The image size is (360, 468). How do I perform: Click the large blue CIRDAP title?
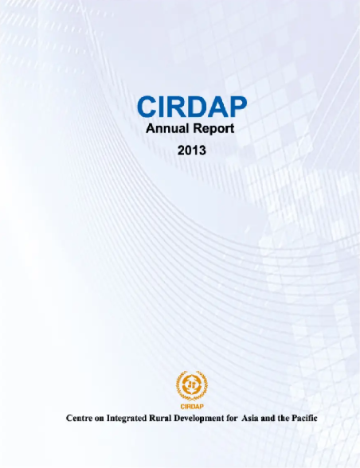(x=192, y=107)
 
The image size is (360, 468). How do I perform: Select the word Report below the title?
(x=213, y=129)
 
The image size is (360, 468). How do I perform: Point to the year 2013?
(x=192, y=150)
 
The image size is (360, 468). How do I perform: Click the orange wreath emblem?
(x=192, y=385)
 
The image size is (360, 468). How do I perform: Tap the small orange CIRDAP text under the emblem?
(x=192, y=407)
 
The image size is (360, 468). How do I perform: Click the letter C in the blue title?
(x=147, y=107)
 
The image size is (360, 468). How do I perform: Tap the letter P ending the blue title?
(x=238, y=107)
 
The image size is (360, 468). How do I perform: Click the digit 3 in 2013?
(x=202, y=150)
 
